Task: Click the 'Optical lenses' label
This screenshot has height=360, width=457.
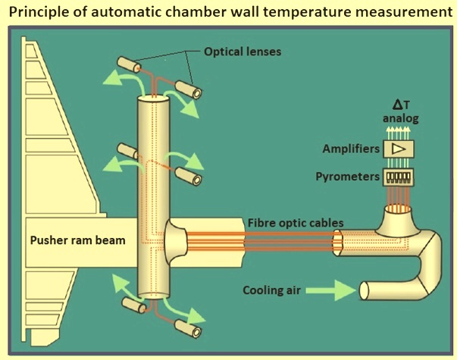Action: [x=243, y=52]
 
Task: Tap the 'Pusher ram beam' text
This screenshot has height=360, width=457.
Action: [x=78, y=240]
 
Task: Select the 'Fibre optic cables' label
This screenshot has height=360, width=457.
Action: [x=296, y=223]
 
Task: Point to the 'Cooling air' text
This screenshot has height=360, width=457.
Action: [x=271, y=290]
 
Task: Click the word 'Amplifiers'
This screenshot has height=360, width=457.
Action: [x=351, y=149]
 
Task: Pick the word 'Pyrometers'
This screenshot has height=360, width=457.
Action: [x=348, y=177]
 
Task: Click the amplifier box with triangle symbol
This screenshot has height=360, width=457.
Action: [x=399, y=149]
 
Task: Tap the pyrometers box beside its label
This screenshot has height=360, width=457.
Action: [x=399, y=177]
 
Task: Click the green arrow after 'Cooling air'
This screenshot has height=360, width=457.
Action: [x=330, y=290]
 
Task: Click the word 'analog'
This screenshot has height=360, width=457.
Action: [x=401, y=118]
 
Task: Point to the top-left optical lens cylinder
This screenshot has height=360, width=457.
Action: [x=129, y=64]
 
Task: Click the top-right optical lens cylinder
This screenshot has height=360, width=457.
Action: [x=189, y=89]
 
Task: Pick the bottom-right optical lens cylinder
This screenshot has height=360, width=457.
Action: [x=188, y=329]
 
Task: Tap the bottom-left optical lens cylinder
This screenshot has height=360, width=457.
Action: [x=134, y=305]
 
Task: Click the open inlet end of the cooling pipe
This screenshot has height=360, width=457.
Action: [x=364, y=290]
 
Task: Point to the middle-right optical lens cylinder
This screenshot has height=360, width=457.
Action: [x=189, y=176]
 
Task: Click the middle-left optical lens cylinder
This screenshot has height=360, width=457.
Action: [x=127, y=151]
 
